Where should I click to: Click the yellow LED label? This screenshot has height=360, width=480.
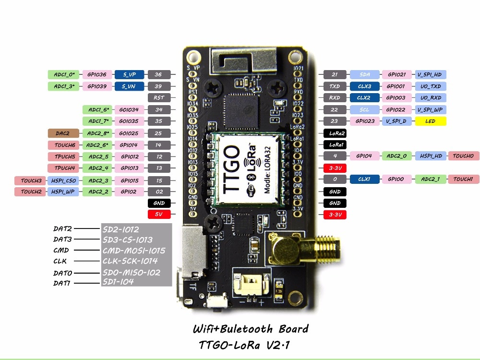coord(431,121)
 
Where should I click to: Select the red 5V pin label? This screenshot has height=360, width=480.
coord(159,215)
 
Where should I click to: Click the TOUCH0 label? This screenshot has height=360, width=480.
coord(463,156)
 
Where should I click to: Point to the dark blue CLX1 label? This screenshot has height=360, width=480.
coord(364,179)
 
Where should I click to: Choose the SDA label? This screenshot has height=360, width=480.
coord(364,74)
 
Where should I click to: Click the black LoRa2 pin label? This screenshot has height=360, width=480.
coord(335,133)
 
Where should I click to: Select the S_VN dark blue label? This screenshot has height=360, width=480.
coord(129,86)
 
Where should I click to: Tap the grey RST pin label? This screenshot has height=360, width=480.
coord(159,97)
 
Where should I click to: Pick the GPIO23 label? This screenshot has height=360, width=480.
coord(364,121)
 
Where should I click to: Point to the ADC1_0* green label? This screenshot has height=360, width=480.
coord(64,74)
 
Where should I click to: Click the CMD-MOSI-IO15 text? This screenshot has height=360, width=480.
coord(134,251)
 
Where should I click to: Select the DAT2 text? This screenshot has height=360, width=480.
coord(62,229)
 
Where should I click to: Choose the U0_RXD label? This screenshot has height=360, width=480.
coord(431,97)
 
